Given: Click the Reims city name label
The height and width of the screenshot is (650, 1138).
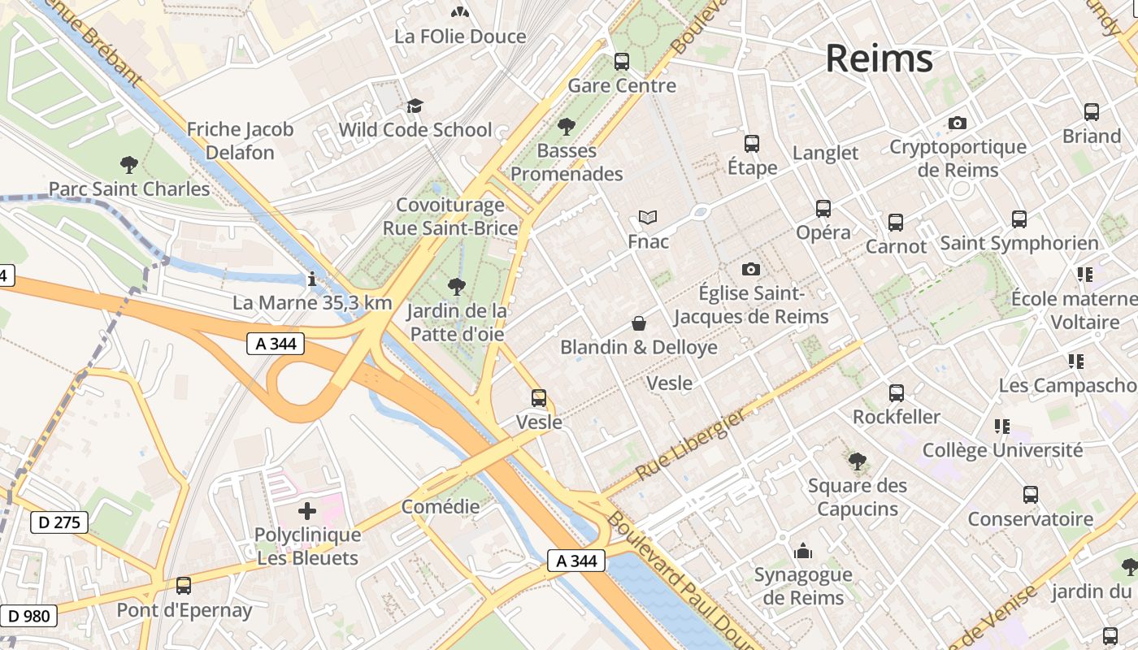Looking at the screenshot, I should pos(879,59).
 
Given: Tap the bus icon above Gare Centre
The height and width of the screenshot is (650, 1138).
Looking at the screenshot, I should pos(622,61).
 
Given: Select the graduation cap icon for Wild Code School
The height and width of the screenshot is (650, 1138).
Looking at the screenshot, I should pos(415,106).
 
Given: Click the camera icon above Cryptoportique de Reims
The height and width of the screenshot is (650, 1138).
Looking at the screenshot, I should pos(958,123).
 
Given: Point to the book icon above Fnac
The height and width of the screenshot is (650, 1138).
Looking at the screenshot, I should pos(648,217).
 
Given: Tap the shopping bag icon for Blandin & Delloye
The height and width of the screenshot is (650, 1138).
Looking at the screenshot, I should pos(639,323).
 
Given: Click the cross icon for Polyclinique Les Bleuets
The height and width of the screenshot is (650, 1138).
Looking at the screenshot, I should pos(307,511).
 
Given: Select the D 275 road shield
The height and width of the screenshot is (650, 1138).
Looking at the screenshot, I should pos(59,522).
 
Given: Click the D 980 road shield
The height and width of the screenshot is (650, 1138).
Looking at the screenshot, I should pos(30,616).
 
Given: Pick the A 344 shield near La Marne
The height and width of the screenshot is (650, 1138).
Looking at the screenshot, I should pos(276,344).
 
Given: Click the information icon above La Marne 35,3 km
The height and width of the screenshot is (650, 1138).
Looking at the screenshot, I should pos(312,279).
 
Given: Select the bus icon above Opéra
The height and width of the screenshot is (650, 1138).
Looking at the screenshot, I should pos(823,209).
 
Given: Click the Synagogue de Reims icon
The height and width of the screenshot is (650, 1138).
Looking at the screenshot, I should pos(803,551).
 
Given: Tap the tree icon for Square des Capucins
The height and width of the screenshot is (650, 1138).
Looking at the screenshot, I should pos(857,461).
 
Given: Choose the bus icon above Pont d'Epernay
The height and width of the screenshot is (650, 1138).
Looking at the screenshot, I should pos(184,586).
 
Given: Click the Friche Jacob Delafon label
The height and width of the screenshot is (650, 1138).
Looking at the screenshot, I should pos(240,141).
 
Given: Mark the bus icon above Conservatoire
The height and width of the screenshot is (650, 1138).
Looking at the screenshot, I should pos(1030,495).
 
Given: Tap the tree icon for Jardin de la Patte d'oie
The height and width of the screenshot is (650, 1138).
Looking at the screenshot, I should pos(457,286).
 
